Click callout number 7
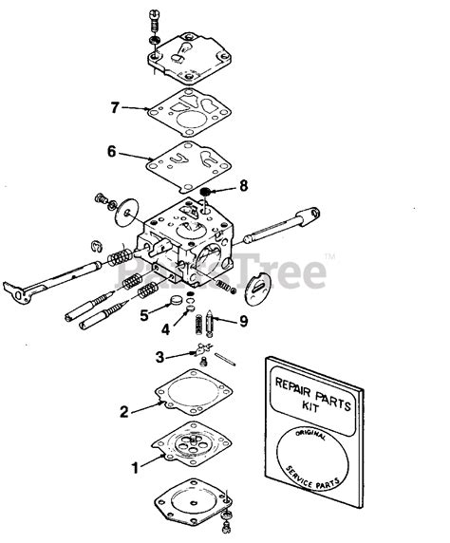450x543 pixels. click(x=115, y=107)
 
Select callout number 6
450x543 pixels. click(x=111, y=150)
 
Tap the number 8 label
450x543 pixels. click(x=243, y=185)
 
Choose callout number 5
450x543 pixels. click(x=144, y=313)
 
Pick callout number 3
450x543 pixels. click(x=160, y=356)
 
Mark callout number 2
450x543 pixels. click(x=123, y=411)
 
